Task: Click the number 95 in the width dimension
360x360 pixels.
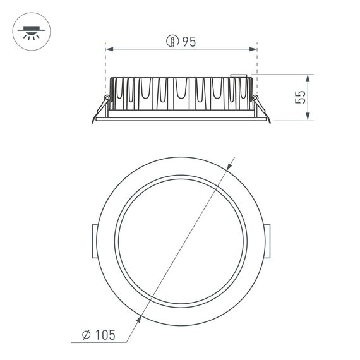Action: click(x=189, y=42)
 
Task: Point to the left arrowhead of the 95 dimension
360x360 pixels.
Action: click(x=108, y=48)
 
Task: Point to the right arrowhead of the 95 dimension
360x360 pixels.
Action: click(x=255, y=48)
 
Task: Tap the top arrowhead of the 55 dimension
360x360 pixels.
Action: click(x=308, y=78)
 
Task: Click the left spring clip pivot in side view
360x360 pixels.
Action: click(x=107, y=97)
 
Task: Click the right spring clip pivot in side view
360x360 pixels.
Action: click(x=255, y=97)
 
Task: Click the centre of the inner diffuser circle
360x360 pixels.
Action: click(x=181, y=243)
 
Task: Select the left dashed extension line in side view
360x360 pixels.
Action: click(x=105, y=66)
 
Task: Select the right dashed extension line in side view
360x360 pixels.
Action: click(x=258, y=66)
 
